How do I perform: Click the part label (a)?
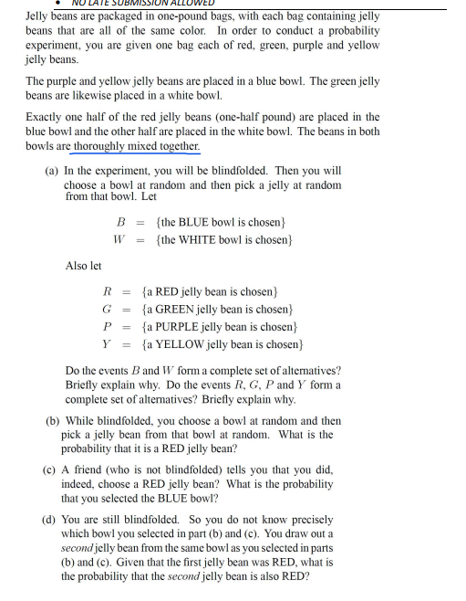pos(52,171)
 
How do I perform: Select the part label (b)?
pos(53,422)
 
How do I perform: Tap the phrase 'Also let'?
pos(84,266)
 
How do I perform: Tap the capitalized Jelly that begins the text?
pos(38,16)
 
